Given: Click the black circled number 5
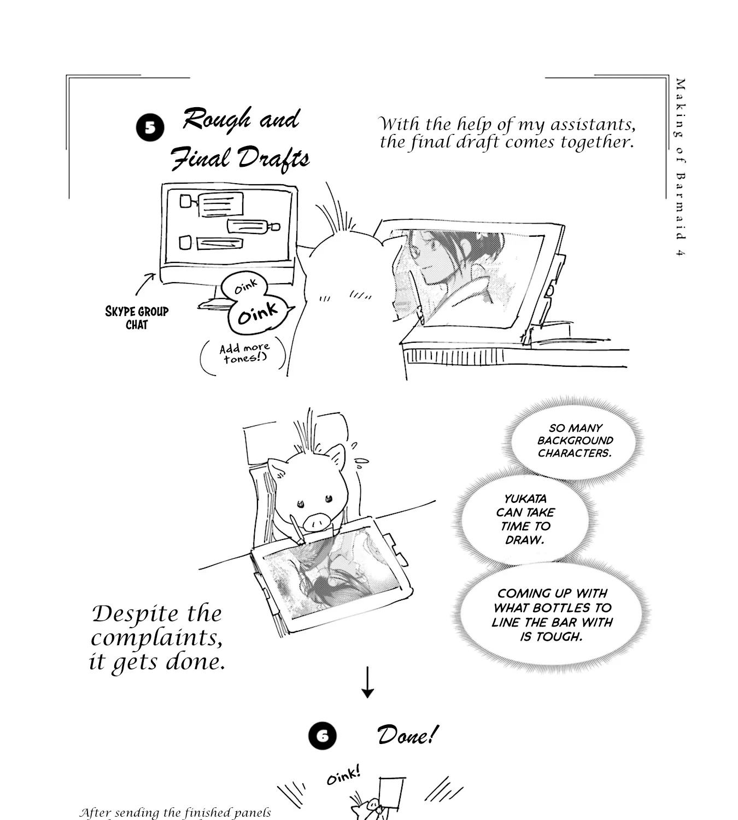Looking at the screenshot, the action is [150, 128].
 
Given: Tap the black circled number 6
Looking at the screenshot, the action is [323, 736].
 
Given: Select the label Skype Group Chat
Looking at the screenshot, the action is [137, 318].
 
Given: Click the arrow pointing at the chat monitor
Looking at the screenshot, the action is [145, 284].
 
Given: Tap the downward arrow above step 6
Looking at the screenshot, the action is [367, 682].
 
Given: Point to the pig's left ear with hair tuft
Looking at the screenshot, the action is [278, 469].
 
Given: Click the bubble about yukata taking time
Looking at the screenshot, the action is [525, 519].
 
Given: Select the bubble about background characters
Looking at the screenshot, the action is [574, 440].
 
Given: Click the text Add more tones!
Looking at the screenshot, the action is [244, 353].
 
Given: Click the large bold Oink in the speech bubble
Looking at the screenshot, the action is [257, 314].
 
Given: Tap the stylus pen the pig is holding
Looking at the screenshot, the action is [297, 530].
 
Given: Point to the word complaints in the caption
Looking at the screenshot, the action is [156, 638].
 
